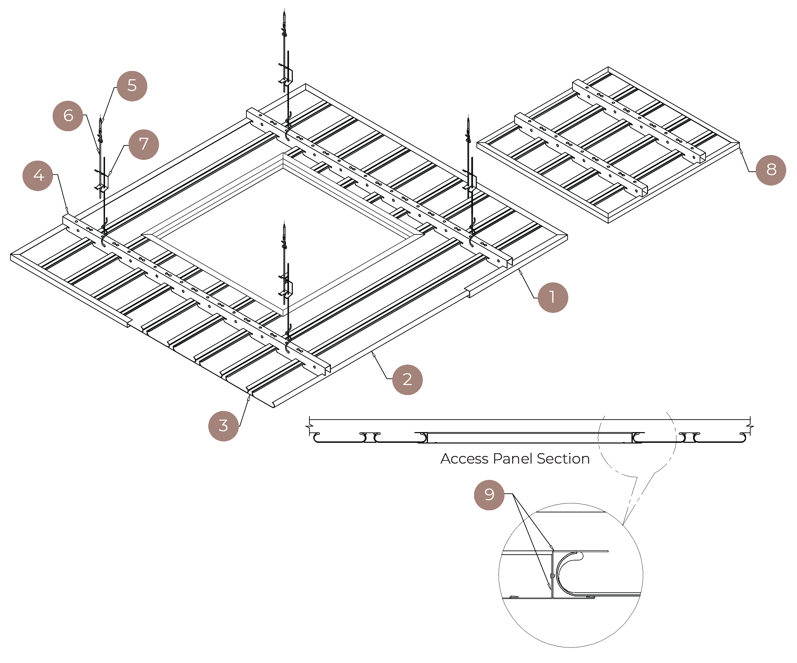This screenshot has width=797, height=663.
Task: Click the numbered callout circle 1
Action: (x=553, y=297)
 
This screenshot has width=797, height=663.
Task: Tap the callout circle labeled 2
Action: (x=407, y=380)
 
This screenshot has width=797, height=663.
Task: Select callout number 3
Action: (x=223, y=426)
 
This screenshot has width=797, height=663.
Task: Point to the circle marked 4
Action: (x=37, y=176)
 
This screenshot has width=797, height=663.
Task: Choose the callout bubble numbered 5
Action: (x=132, y=86)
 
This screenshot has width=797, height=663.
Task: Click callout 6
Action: (x=68, y=116)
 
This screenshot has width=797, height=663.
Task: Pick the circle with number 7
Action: (x=143, y=144)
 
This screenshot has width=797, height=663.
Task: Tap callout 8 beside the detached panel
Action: (x=770, y=170)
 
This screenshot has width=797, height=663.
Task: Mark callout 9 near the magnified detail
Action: (x=489, y=495)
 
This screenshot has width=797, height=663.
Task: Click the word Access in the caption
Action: (x=464, y=459)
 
